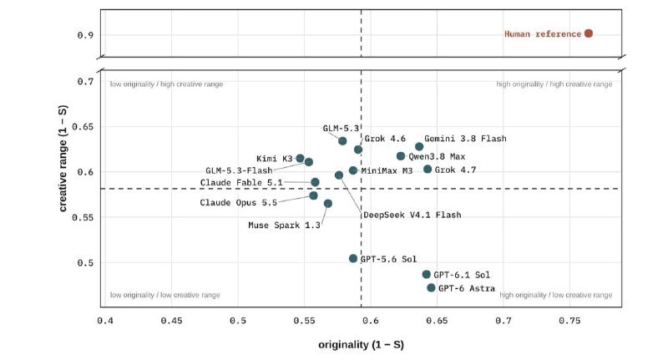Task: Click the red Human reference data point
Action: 589,33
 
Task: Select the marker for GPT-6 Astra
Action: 431,288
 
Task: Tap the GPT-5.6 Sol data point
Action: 353,259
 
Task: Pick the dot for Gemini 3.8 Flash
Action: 419,146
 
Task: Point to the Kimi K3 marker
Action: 301,159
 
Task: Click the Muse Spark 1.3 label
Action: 284,225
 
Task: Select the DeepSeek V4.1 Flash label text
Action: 412,215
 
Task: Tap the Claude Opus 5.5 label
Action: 239,202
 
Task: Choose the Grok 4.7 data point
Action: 428,170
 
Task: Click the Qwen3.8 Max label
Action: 437,157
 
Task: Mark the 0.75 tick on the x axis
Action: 569,321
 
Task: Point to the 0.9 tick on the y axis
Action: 85,35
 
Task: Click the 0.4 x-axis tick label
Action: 105,321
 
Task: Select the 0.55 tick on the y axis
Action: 83,217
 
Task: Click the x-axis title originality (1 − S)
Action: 361,345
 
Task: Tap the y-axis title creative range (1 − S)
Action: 63,158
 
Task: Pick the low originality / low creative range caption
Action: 164,295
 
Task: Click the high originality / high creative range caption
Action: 554,84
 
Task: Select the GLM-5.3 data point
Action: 342,141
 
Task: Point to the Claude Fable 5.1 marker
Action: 315,182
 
